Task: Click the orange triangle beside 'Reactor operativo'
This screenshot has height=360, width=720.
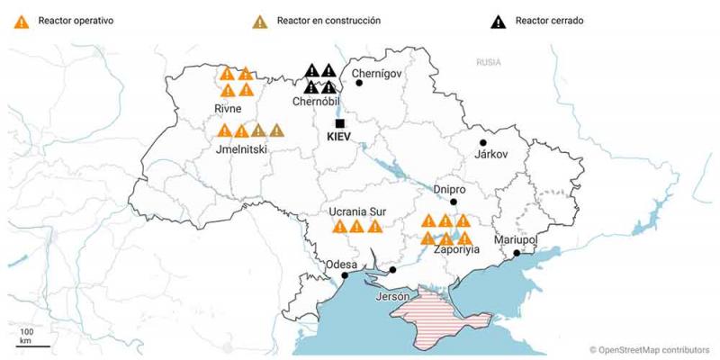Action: coord(20,21)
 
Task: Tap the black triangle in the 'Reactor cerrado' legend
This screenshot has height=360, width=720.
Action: coord(501,21)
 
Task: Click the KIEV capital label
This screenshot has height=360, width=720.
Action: coord(339,139)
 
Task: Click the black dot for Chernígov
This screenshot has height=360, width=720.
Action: coord(359,83)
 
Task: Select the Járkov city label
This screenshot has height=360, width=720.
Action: coord(490,154)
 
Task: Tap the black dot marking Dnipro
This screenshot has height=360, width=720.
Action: coord(454,202)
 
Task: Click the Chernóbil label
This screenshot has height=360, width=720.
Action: coord(314,103)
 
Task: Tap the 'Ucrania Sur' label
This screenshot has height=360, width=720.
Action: coord(358,211)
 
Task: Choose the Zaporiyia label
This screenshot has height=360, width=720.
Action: coord(456,249)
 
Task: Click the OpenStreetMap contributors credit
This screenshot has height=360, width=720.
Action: coord(650,349)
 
